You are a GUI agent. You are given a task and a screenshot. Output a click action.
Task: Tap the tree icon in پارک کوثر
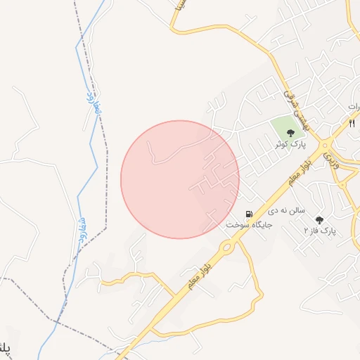click(x=290, y=131)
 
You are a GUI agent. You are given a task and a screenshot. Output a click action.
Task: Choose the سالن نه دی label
click(x=285, y=211)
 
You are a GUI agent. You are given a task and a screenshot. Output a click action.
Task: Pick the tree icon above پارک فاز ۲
click(x=320, y=219)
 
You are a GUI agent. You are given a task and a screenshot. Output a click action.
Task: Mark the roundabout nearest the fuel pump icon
click(x=227, y=247)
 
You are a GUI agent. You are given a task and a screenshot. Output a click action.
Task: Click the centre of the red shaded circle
click(x=180, y=179)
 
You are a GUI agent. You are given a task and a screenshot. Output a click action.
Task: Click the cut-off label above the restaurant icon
click(x=354, y=105)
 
